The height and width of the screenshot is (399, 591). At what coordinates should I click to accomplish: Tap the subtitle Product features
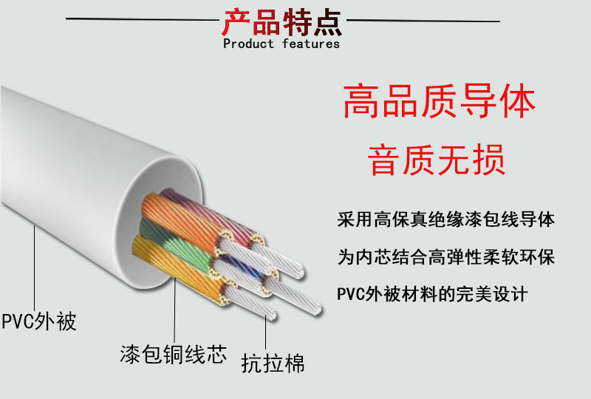click(281, 44)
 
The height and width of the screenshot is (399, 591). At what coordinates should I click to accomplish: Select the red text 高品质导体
click(439, 103)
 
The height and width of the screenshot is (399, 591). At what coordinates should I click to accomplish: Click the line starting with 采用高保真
click(445, 219)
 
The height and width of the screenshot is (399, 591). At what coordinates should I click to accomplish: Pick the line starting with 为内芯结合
click(445, 257)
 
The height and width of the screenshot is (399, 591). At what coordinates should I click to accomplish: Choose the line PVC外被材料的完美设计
click(432, 294)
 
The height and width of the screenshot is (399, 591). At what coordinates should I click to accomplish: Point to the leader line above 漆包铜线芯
click(175, 310)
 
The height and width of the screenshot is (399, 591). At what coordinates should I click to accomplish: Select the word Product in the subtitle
click(248, 44)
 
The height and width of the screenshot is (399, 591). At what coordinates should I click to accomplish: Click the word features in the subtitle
click(310, 44)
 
